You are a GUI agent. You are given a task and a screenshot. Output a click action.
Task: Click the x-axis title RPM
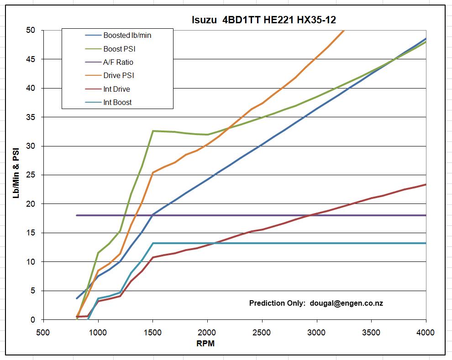pos(205,344)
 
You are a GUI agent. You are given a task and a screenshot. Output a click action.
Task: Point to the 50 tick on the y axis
pos(31,31)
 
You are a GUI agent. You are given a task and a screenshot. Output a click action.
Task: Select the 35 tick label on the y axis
pos(31,117)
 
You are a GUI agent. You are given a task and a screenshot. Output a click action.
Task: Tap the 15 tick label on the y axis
pos(31,233)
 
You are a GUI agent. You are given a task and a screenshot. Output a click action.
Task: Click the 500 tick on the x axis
pos(43,332)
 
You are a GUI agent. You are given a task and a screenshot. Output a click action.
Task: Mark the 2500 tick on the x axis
pos(262,332)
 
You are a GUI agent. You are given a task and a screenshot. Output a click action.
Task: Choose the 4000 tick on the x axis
pos(426,332)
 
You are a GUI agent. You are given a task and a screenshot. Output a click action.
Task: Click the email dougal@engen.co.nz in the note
pos(346,303)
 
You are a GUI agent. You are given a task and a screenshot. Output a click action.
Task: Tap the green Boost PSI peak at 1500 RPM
pos(153,131)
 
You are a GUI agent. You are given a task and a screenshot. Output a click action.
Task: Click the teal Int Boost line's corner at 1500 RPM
pos(153,243)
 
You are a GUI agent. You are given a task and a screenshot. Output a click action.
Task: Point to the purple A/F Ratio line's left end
pos(77,215)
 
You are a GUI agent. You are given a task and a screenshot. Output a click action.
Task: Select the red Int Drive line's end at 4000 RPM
pos(426,185)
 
